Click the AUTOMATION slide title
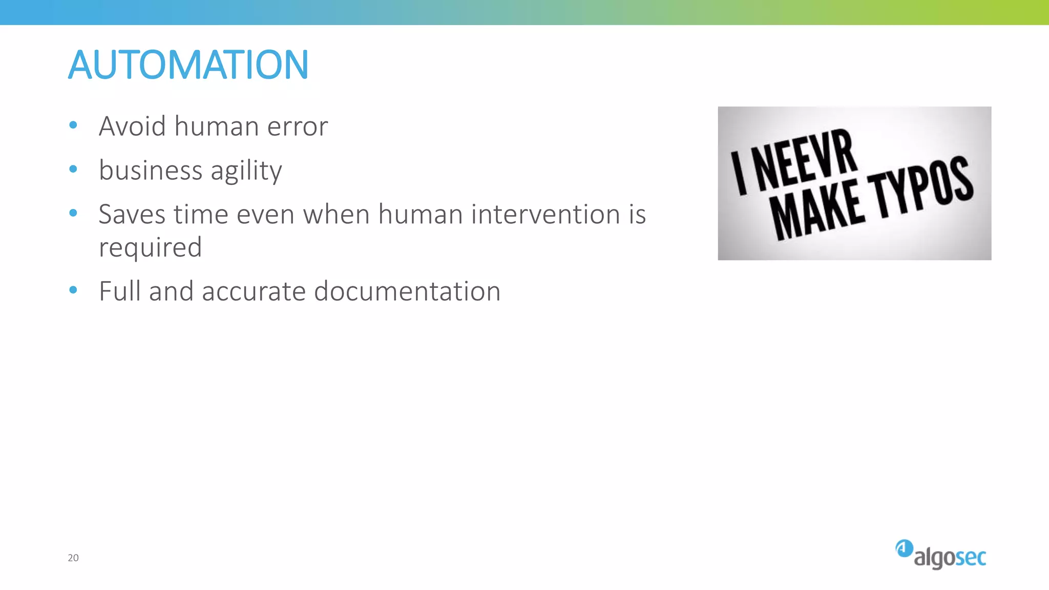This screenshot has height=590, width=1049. pyautogui.click(x=188, y=65)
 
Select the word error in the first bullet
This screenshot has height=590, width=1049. pyautogui.click(x=297, y=127)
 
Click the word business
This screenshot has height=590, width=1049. pyautogui.click(x=151, y=170)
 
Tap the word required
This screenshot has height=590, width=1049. pyautogui.click(x=150, y=248)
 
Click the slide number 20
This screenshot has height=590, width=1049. pyautogui.click(x=73, y=558)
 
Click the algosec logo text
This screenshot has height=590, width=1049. pyautogui.click(x=950, y=557)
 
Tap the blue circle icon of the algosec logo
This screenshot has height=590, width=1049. pyautogui.click(x=904, y=549)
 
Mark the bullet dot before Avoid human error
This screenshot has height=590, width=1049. pyautogui.click(x=73, y=125)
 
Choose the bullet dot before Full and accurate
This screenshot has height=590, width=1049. pyautogui.click(x=73, y=290)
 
